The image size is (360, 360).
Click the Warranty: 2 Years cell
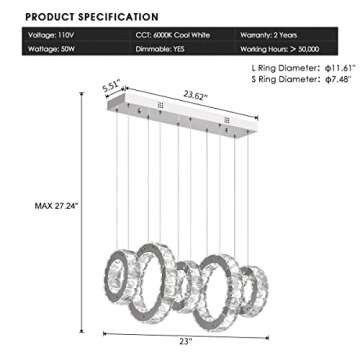268,34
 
